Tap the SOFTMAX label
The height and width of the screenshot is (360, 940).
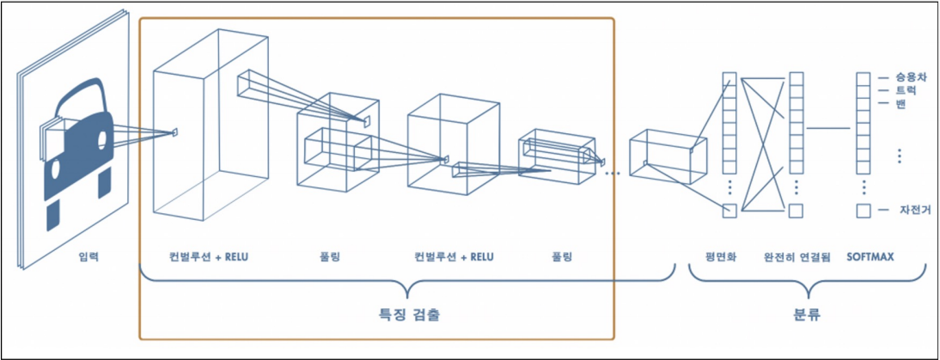click(x=869, y=256)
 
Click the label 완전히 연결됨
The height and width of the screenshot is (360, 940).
click(x=796, y=256)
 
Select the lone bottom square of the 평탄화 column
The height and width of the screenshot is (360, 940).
click(x=729, y=211)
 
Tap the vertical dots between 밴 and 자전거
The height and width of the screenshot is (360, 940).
click(x=899, y=156)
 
